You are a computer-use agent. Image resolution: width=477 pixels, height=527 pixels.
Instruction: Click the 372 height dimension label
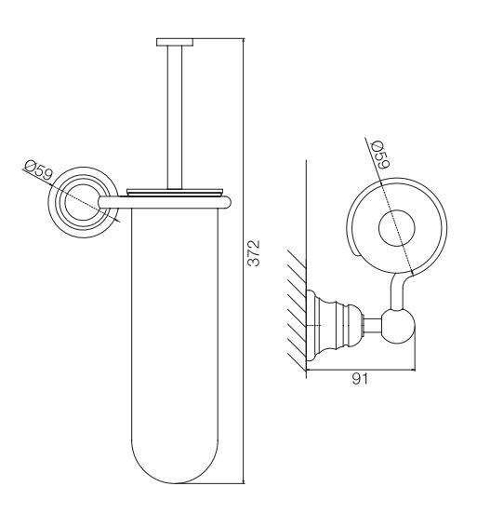pyautogui.click(x=254, y=253)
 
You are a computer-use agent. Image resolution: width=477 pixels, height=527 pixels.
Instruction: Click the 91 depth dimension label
pyautogui.click(x=360, y=379)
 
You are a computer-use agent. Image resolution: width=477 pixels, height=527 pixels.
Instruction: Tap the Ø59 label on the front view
pyautogui.click(x=39, y=170)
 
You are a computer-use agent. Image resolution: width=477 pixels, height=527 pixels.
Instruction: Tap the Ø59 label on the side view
pyautogui.click(x=380, y=155)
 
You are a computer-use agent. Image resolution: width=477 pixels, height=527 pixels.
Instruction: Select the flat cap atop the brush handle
pyautogui.click(x=175, y=42)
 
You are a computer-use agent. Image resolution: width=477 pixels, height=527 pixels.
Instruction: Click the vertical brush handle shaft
pyautogui.click(x=175, y=117)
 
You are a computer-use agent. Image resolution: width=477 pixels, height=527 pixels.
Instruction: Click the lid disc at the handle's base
pyautogui.click(x=175, y=192)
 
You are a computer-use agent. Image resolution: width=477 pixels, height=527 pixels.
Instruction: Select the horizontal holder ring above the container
pyautogui.click(x=165, y=203)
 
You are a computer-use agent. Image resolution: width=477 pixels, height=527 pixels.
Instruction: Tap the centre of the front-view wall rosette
pyautogui.click(x=83, y=202)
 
